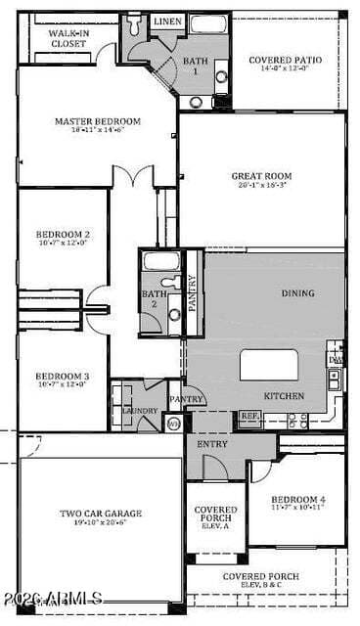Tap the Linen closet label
click(x=167, y=21)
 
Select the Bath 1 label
click(x=195, y=66)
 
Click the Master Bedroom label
click(x=98, y=121)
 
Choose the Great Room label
click(x=261, y=177)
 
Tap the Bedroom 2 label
click(x=64, y=235)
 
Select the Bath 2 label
click(x=154, y=298)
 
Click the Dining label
click(x=298, y=292)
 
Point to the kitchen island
click(x=269, y=365)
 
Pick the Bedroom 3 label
click(x=64, y=377)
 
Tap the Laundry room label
click(x=140, y=411)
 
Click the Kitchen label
click(x=284, y=396)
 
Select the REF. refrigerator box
click(x=248, y=417)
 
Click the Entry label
click(x=211, y=444)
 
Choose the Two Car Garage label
click(x=101, y=514)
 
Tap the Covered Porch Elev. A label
click(x=215, y=515)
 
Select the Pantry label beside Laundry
click(x=186, y=399)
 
